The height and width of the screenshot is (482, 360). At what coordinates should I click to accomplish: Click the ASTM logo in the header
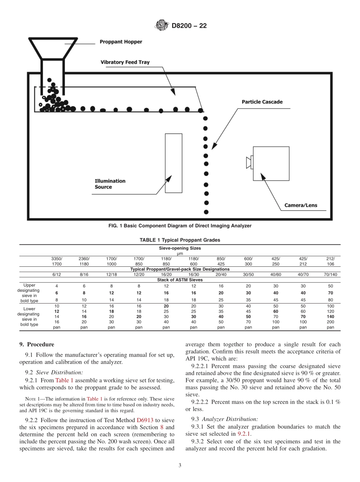pos(162,26)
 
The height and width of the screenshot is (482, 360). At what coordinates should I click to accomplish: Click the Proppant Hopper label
pos(121,42)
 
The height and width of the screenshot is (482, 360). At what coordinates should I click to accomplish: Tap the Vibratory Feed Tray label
pos(125,62)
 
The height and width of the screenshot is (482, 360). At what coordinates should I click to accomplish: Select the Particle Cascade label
pos(262,102)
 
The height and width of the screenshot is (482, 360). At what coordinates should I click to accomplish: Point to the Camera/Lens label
pos(301,206)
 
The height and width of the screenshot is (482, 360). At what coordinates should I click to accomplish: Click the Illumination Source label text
pos(110,184)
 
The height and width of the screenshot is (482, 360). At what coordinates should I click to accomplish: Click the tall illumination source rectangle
pos(173,163)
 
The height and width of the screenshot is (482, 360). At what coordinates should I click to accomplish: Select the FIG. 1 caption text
pos(180,226)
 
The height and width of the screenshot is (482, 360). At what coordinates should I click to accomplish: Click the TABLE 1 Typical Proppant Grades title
pos(180,240)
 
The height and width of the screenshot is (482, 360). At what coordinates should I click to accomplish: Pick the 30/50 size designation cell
pos(248,274)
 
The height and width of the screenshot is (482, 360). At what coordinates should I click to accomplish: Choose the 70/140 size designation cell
pos(330,274)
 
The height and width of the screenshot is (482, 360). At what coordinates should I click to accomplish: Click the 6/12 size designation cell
pos(56,274)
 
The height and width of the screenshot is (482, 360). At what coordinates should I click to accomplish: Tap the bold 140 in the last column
pos(330,316)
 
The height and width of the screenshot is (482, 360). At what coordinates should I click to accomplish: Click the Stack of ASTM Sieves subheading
pos(180,280)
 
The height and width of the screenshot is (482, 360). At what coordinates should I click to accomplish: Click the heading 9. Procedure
pos(37,344)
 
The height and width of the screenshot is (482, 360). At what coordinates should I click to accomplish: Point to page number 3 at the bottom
pos(180,465)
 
